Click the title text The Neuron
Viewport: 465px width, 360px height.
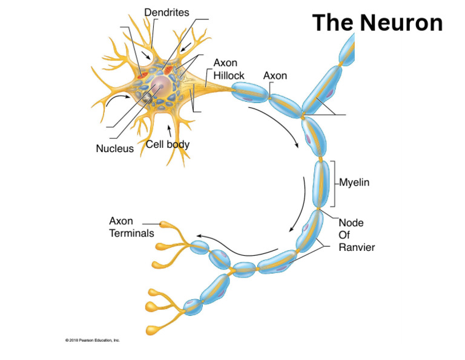tap(377, 23)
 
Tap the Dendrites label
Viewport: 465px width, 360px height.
tap(166, 12)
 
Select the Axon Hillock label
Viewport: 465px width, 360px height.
tap(229, 69)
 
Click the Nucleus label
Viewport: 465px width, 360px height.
tap(114, 148)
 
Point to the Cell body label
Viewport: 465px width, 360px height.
tap(168, 145)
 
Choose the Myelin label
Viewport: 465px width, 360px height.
tap(354, 182)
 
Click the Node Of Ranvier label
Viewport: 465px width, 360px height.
tap(356, 235)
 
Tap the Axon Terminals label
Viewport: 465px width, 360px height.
tap(131, 227)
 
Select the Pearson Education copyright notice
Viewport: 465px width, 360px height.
tap(93, 340)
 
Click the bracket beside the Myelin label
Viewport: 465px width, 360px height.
tap(333, 184)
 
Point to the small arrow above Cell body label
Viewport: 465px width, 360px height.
tap(170, 130)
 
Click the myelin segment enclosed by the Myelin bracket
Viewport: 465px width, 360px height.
tap(321, 184)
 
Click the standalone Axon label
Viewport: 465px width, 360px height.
tap(275, 76)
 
